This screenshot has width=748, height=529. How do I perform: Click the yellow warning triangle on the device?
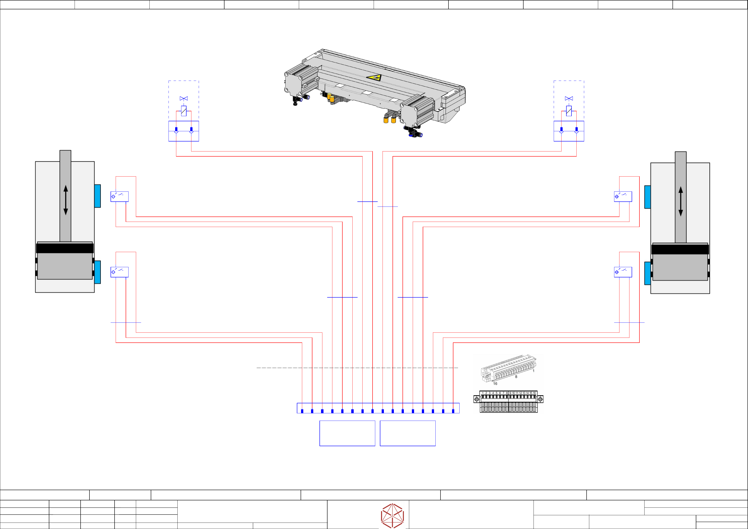point(374,78)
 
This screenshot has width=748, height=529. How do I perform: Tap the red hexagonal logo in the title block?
point(392,516)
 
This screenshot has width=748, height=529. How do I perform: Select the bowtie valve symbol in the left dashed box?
point(184,98)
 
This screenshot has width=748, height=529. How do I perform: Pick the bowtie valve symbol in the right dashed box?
point(569,98)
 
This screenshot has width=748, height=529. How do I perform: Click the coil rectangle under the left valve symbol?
point(184,111)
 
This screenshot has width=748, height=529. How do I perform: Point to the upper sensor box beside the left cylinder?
point(120,197)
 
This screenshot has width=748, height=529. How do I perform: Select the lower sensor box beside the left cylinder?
point(120,272)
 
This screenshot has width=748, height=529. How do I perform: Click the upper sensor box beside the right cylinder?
point(623,197)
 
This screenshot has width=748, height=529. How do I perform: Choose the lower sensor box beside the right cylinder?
point(623,272)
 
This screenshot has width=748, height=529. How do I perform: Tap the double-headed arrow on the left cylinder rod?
point(65,200)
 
